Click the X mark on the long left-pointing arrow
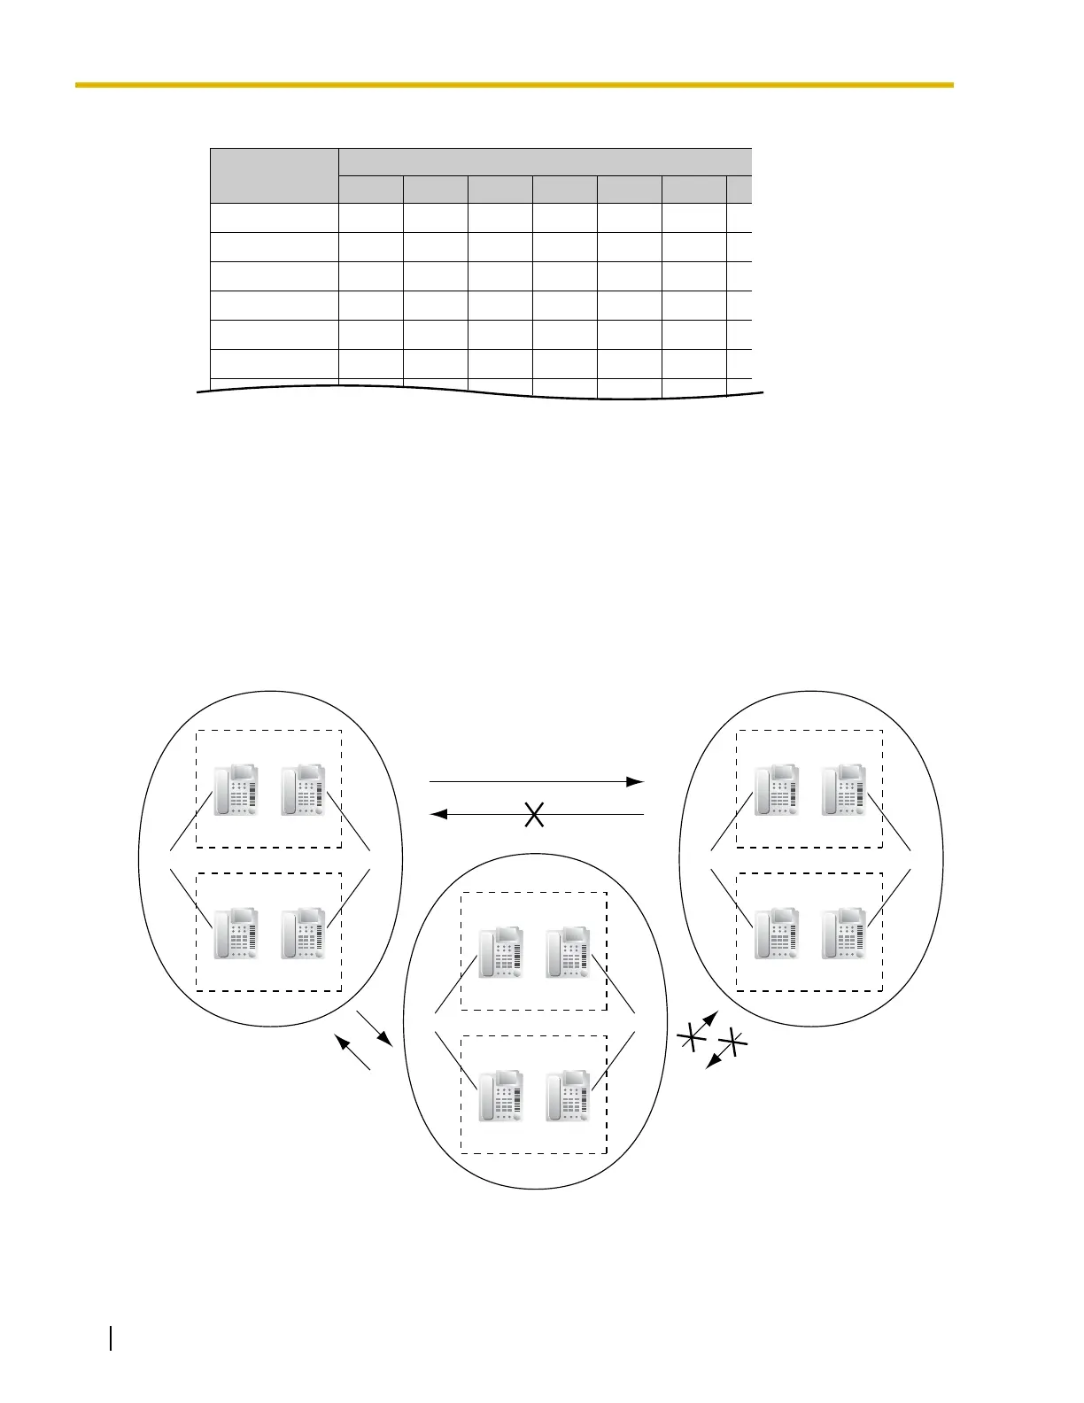point(534,815)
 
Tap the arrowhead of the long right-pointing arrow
point(634,782)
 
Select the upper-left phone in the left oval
point(236,789)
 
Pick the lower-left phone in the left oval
point(236,933)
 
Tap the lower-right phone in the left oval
point(303,933)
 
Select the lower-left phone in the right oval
point(777,933)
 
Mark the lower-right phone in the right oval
point(844,933)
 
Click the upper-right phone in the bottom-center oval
point(568,952)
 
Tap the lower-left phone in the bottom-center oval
point(500,1097)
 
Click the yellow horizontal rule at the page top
point(514,85)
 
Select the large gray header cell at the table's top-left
point(275,175)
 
